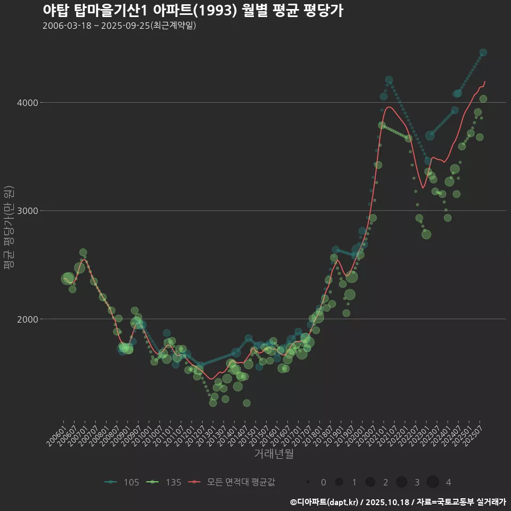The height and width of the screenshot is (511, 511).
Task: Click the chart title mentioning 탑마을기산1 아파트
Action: pos(193,11)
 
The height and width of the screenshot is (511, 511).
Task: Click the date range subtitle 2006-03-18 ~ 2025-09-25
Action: pos(120,26)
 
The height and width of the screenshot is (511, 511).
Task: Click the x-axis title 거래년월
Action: pos(274,454)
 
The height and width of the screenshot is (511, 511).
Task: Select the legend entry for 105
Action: pos(122,482)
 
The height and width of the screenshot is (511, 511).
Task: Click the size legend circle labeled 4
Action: pos(433,482)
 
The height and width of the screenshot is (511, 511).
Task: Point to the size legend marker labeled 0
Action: pos(308,482)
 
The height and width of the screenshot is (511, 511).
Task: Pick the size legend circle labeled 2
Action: pos(370,482)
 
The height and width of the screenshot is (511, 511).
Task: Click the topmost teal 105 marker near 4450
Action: pos(483,52)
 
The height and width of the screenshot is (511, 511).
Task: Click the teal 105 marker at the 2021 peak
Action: pos(389,80)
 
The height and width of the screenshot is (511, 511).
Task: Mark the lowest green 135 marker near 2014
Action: pos(246,403)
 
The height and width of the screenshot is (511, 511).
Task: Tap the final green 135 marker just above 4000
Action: pos(483,98)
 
